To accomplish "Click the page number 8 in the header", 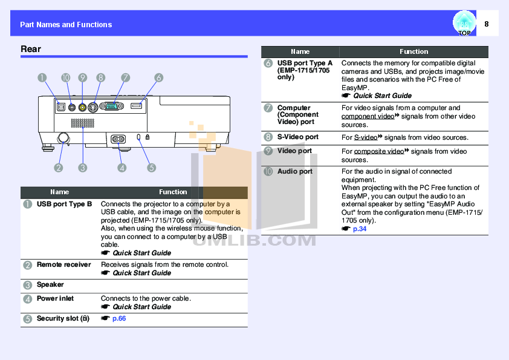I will tap(487, 24).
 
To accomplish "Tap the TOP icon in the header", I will tap(464, 24).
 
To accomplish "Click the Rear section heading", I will tap(31, 49).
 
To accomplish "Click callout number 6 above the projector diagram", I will tap(158, 77).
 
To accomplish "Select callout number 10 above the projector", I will tap(65, 77).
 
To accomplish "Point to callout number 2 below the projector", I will tap(59, 168).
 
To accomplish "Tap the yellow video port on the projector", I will tap(82, 106).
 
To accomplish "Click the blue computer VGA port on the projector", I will tap(112, 106).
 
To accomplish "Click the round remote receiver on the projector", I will tap(62, 138).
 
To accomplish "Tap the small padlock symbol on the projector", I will tap(149, 138).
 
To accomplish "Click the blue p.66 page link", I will tap(119, 318).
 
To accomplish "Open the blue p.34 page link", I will tap(360, 229).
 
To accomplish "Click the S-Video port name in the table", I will tap(297, 137).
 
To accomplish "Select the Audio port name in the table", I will tap(294, 172).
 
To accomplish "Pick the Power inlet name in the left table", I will tap(56, 298).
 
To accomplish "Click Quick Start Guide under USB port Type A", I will tap(382, 96).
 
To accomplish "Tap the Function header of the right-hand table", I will tap(413, 52).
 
